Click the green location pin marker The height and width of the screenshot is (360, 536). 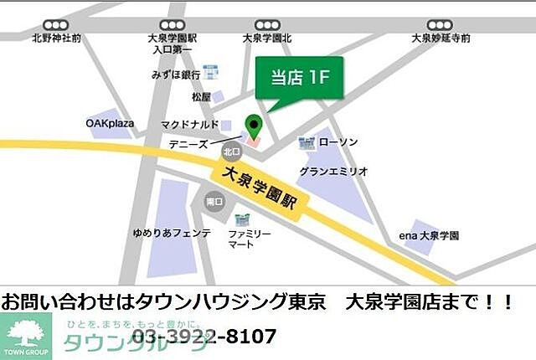coord(253,127)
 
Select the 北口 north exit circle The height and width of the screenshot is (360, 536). coord(230,152)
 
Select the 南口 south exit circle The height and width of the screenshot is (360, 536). coord(214,201)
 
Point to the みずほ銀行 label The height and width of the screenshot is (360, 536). coord(176,74)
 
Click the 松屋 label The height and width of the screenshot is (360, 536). coord(200,97)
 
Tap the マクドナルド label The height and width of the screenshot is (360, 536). coord(189,125)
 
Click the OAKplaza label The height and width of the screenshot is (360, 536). coord(110,123)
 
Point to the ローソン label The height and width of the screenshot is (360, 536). coord(338,142)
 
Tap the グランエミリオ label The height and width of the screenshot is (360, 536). coord(333,171)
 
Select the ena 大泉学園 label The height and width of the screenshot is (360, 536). coord(429,236)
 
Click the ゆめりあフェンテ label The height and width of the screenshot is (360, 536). coord(171,233)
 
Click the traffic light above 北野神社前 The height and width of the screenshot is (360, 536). coord(57,25)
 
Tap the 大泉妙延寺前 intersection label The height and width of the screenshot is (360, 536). coord(441,39)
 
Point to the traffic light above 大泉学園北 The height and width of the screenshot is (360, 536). coord(265,25)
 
